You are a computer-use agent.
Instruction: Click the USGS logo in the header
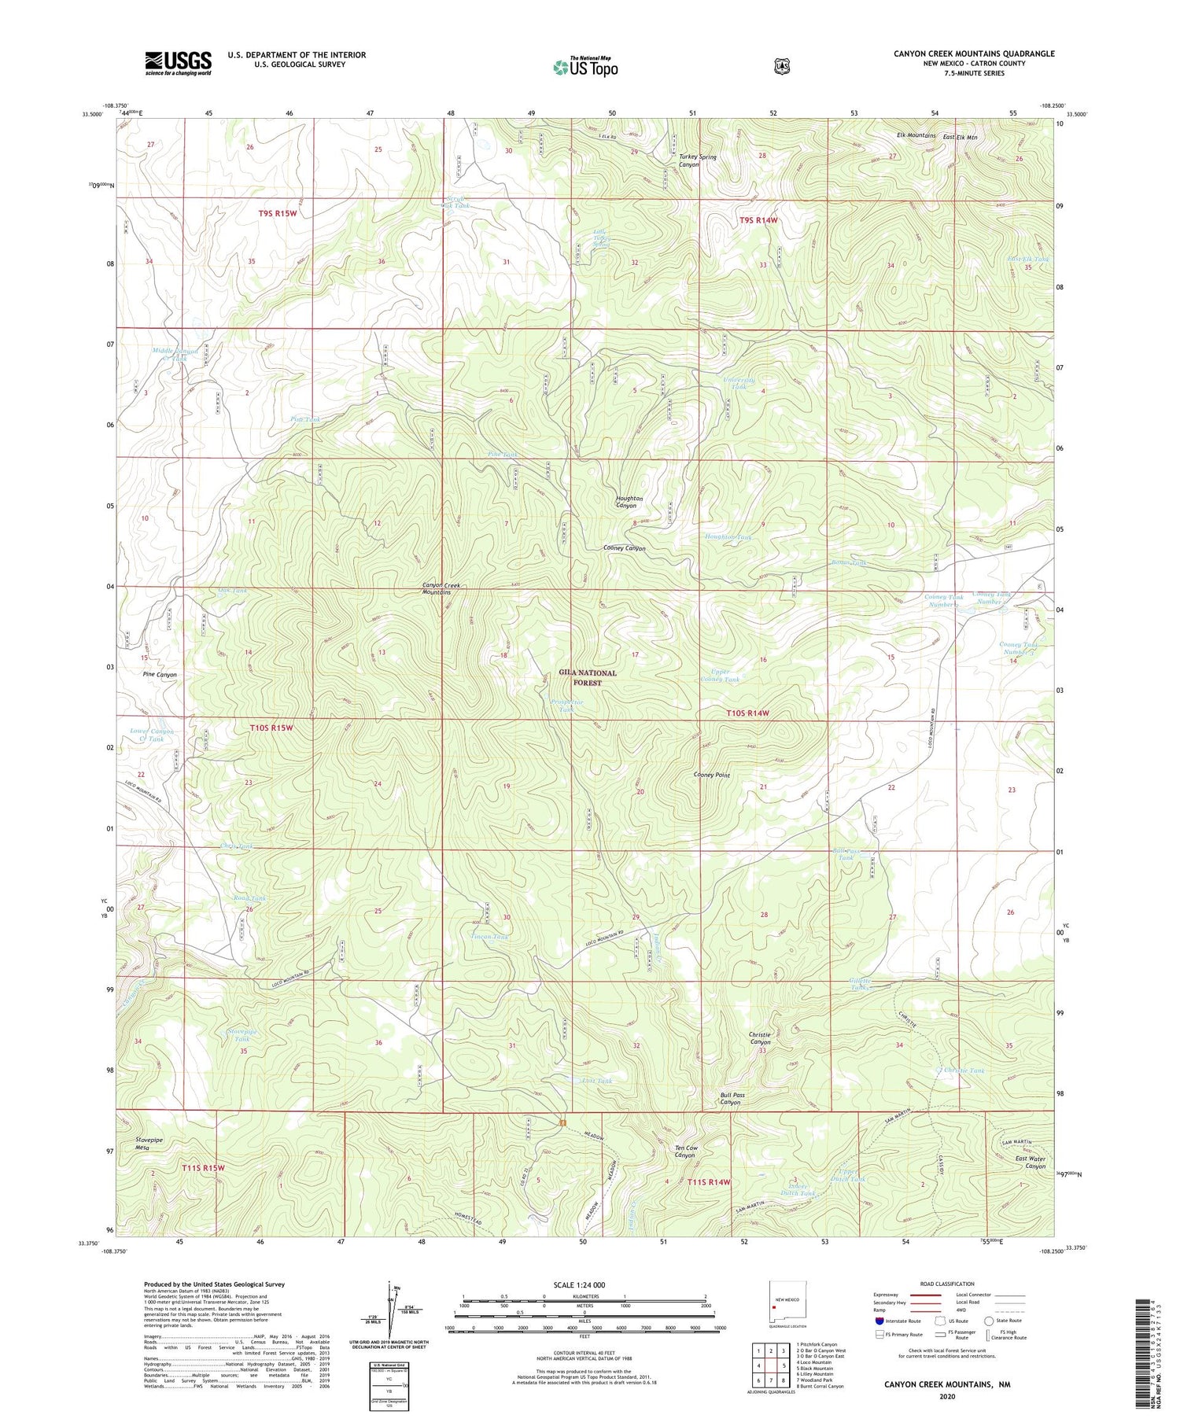pos(178,63)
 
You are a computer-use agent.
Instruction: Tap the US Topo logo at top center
pos(585,67)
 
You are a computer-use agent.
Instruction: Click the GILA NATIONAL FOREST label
pos(588,677)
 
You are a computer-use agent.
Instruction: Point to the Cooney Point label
pos(711,775)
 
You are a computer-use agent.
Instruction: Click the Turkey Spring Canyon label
pos(697,160)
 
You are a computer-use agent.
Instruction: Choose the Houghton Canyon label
pos(629,502)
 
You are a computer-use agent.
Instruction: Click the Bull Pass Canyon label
pos(731,1098)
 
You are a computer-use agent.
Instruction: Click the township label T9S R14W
pos(758,220)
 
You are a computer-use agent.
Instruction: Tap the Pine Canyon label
pos(160,675)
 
